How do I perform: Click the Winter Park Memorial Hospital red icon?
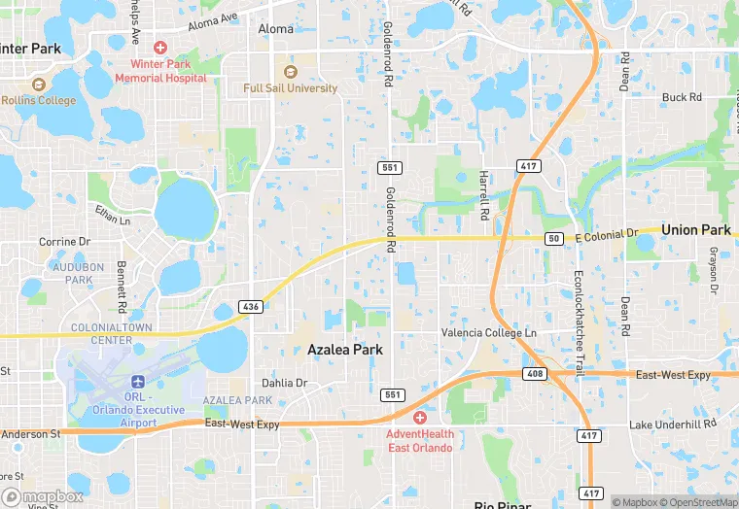pos(160,48)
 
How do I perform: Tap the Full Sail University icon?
pos(290,72)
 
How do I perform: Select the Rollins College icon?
pos(39,85)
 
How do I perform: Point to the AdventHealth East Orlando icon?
pos(419,418)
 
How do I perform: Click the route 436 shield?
pos(250,307)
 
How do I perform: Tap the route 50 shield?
pos(554,239)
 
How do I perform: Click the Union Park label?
pos(695,230)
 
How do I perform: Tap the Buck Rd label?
pos(682,97)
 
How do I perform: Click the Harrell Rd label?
pos(483,192)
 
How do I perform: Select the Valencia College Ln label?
pos(489,332)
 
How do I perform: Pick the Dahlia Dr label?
pos(284,383)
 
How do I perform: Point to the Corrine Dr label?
pos(64,242)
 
